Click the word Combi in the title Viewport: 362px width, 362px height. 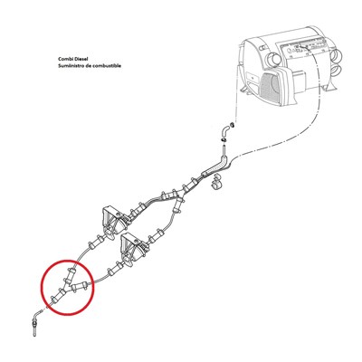[65, 60]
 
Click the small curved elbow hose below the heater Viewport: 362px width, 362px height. [225, 132]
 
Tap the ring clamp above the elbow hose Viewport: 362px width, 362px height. [233, 124]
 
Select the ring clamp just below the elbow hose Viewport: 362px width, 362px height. [224, 140]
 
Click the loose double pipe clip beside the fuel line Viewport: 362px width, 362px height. [216, 182]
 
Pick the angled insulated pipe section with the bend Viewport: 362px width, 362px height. [215, 167]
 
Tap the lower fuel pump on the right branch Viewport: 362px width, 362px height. [132, 248]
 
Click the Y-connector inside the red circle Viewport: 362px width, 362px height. [69, 285]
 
